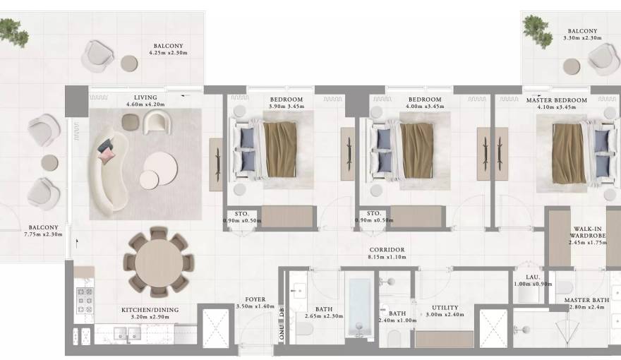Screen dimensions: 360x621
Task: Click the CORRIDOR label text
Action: coord(387,250)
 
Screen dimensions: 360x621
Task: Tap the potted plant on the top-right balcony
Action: coord(537,29)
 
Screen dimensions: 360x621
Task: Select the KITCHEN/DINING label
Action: coord(150,309)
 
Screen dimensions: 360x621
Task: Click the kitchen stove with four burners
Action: coord(85,301)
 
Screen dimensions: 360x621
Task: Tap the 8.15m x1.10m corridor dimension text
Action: coord(387,258)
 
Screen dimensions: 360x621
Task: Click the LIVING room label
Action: coord(145,97)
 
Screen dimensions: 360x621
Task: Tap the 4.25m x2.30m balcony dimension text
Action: coord(167,52)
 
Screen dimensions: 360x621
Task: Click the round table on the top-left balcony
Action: coord(130,63)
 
